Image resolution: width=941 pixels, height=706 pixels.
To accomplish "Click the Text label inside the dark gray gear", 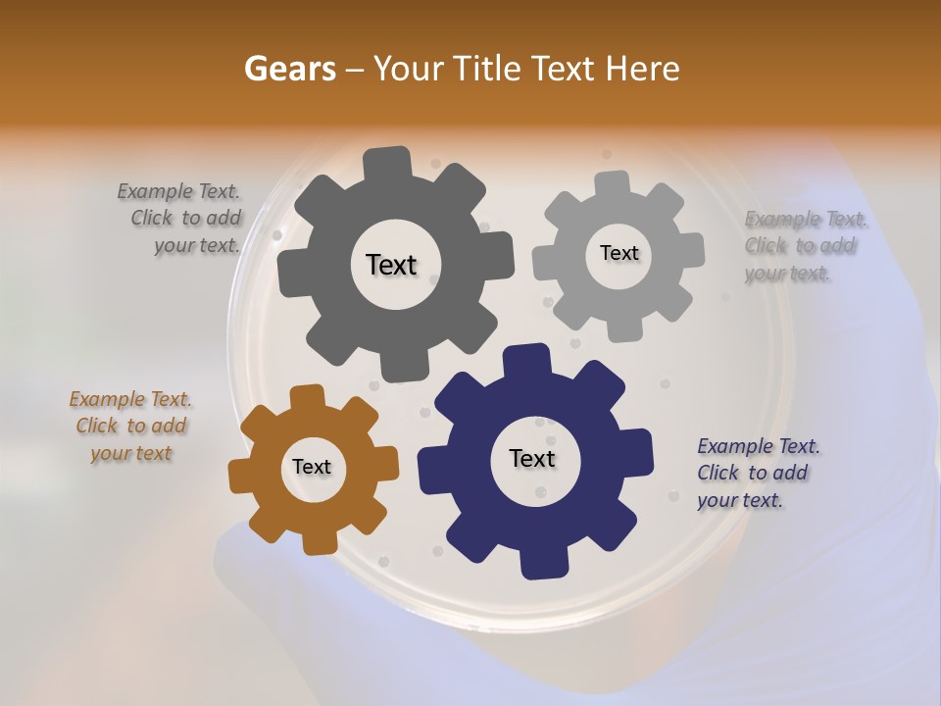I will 391,265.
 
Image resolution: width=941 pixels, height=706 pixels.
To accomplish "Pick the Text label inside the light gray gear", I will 619,253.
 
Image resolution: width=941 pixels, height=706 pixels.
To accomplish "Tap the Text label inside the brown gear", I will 312,467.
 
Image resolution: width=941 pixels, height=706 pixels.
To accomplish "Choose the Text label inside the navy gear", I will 532,458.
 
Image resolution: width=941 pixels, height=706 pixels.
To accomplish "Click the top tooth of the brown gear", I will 307,396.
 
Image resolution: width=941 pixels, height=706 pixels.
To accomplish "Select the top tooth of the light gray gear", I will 612,183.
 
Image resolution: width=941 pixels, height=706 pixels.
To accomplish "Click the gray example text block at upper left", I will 182,219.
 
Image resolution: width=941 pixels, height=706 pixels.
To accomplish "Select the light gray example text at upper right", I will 803,245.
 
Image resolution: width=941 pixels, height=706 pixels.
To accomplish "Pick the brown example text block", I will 130,426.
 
